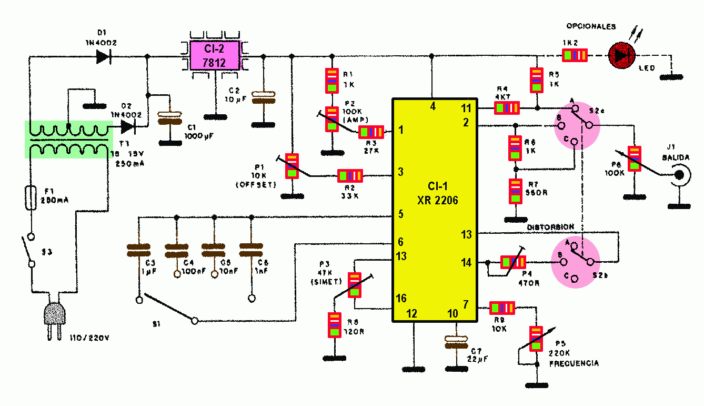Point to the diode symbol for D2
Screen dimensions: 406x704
(x=128, y=126)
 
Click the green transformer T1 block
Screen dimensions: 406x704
(x=68, y=140)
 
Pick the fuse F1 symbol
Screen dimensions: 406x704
(x=31, y=198)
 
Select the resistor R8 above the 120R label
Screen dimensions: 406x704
(x=334, y=325)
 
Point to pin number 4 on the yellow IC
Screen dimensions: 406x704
(x=433, y=106)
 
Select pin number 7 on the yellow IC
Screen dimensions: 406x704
(x=466, y=304)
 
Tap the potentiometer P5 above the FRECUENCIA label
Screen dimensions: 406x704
(x=536, y=339)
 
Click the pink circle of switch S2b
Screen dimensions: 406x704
(x=575, y=262)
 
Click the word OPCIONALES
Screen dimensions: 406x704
(x=591, y=26)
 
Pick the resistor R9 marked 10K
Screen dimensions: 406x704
(x=502, y=307)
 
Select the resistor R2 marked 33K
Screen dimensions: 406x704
(x=350, y=175)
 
